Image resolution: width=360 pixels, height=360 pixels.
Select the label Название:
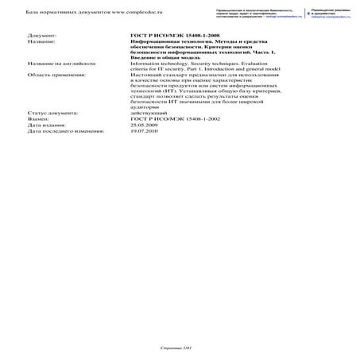point(41,42)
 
